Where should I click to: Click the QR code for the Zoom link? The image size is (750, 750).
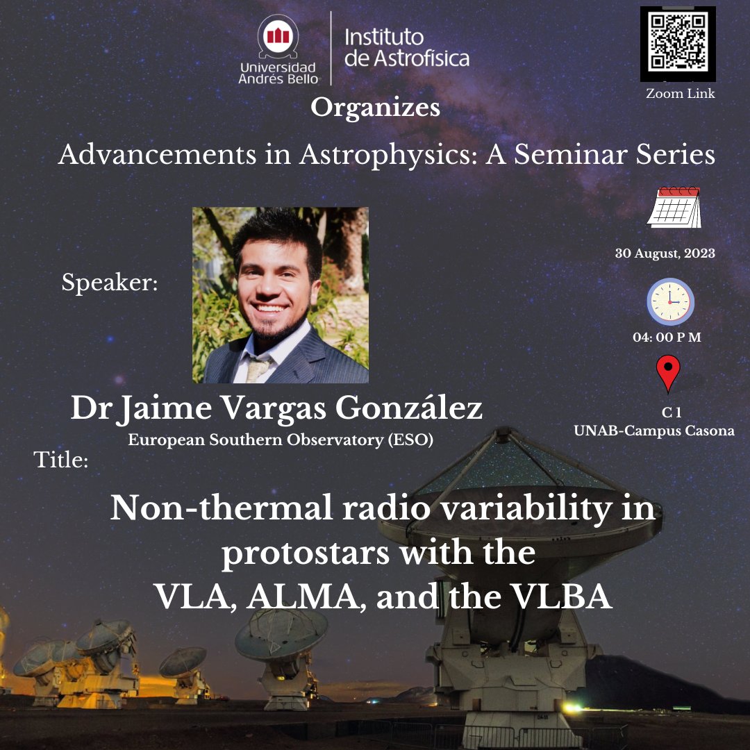coord(677,44)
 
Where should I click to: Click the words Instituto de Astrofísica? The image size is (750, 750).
coord(407,48)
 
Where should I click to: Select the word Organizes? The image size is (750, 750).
coord(375,108)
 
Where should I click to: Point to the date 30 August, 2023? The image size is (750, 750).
coord(665,253)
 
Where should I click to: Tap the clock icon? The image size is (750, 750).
coord(670,302)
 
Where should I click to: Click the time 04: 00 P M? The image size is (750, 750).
coord(667,337)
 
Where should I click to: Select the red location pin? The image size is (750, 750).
coord(668,374)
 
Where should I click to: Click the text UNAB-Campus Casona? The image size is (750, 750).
coord(653,431)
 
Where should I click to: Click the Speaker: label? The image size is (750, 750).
coord(110,283)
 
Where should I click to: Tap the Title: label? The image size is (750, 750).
coord(61,460)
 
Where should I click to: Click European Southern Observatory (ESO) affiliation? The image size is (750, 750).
coord(280,440)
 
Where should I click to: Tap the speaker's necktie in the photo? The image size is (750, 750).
coord(257,368)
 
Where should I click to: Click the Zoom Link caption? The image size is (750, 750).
coord(680,93)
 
